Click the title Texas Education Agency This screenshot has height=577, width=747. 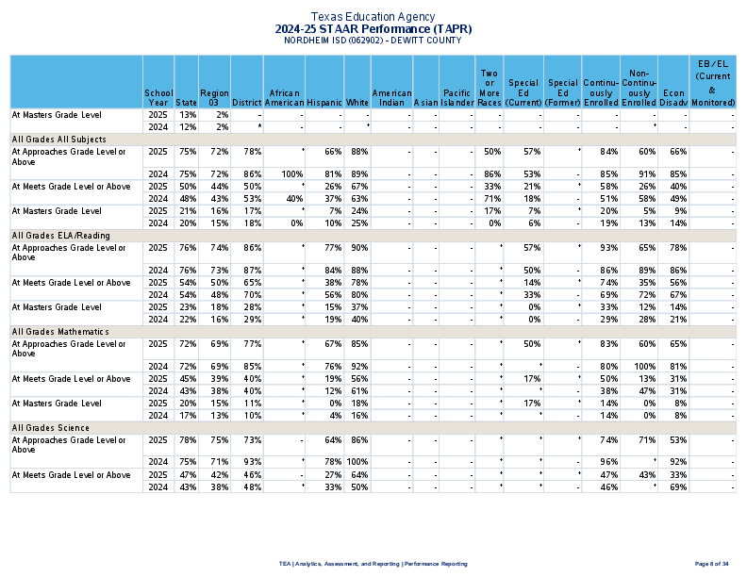point(373,17)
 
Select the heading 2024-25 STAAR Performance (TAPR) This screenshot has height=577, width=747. point(373,29)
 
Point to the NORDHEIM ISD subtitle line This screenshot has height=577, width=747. point(373,41)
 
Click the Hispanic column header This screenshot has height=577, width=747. point(324,102)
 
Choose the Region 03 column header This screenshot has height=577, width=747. point(214,97)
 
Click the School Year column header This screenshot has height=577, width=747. point(158,97)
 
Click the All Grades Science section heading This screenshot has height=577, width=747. point(49,428)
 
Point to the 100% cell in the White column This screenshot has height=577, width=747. point(357,462)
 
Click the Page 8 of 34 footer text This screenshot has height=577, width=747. point(711,564)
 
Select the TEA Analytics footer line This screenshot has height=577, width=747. point(373,564)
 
